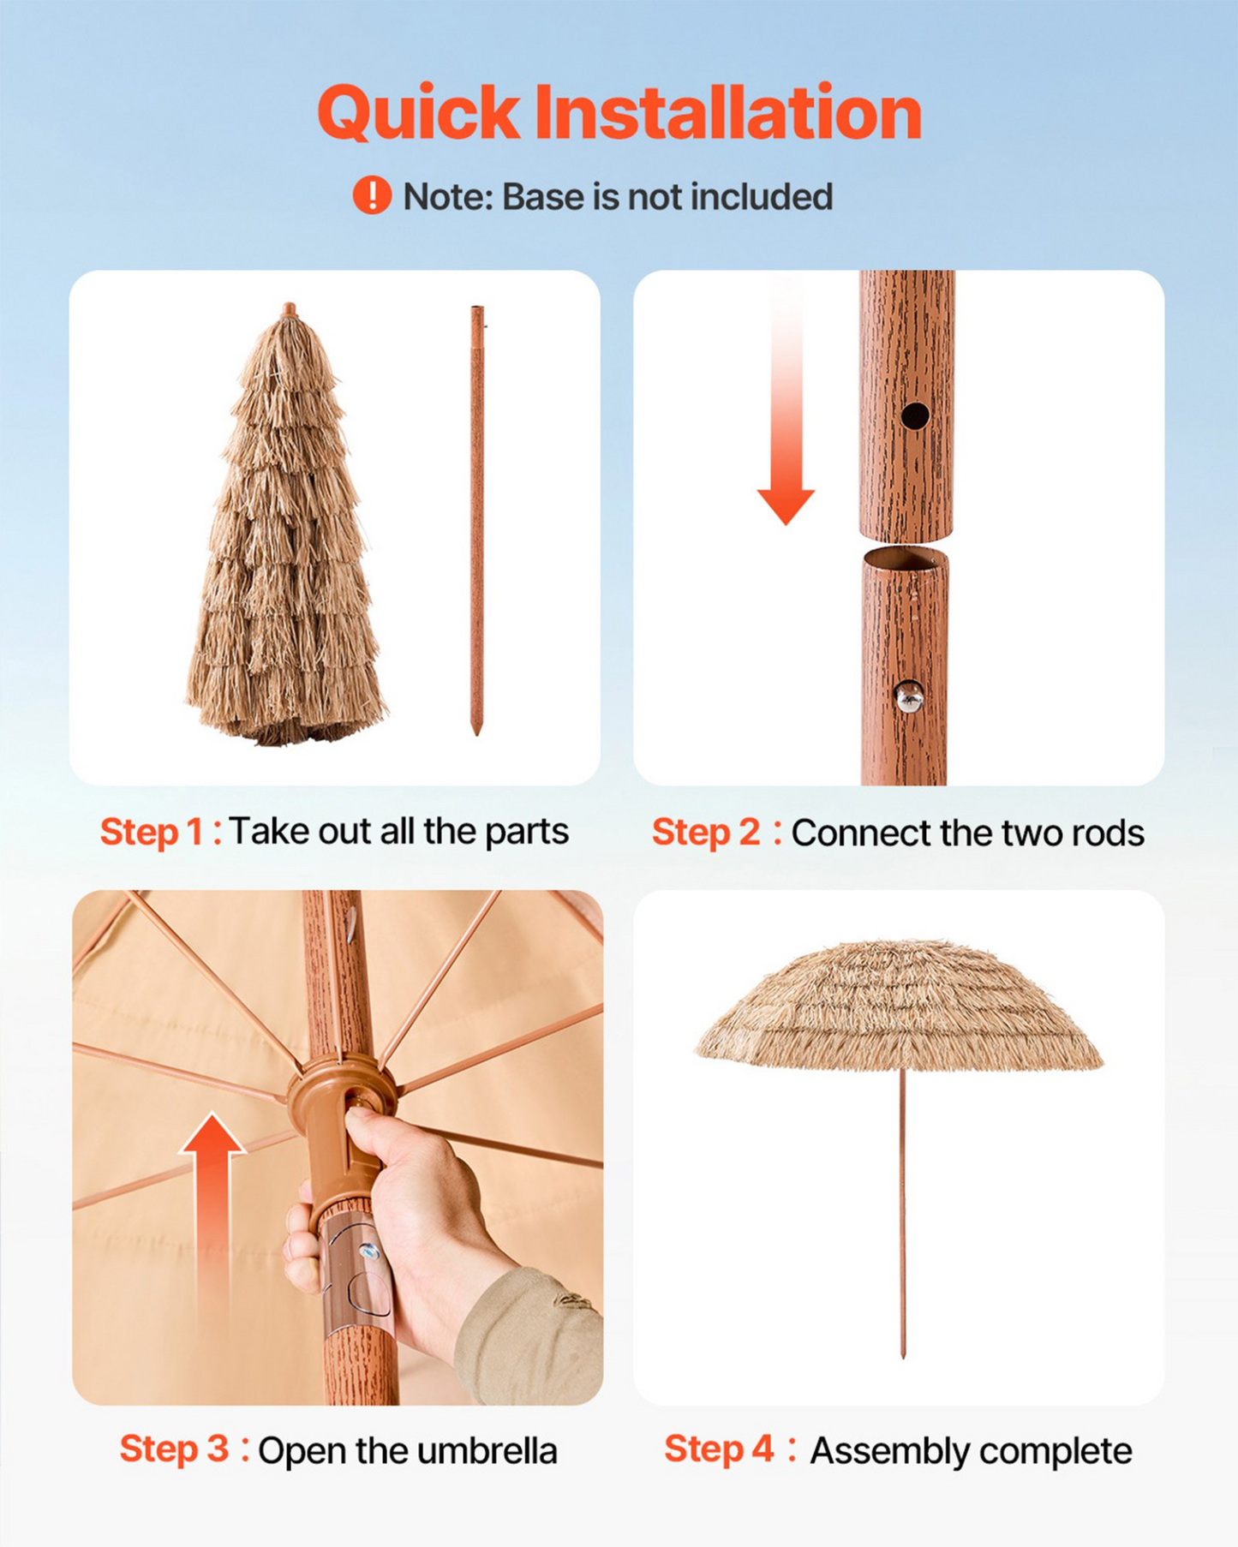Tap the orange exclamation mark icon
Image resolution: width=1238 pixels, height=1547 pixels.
(x=372, y=195)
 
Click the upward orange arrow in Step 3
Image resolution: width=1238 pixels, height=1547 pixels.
(x=212, y=1233)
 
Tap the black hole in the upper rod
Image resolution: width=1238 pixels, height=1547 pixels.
(x=914, y=416)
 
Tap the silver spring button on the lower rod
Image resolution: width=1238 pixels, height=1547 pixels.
(x=908, y=697)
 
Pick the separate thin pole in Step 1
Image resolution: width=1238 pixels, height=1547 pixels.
(x=477, y=519)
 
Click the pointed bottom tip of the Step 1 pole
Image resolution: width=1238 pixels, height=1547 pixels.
(x=477, y=734)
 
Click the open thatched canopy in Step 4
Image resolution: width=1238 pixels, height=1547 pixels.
(x=899, y=1006)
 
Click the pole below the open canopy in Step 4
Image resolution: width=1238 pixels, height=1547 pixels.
(x=902, y=1212)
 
